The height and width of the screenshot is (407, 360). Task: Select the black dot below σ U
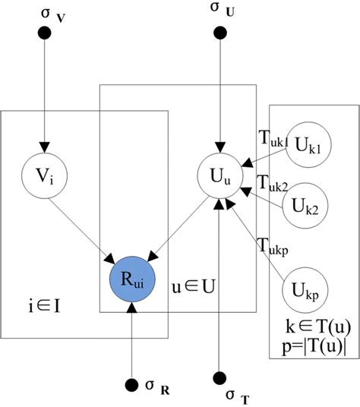(x=219, y=33)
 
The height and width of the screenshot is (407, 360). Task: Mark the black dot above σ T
(x=219, y=377)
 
